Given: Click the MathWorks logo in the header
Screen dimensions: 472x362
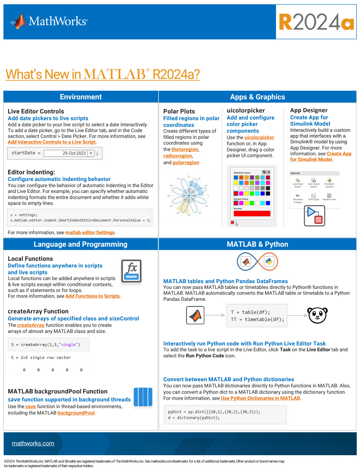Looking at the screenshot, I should (49, 21).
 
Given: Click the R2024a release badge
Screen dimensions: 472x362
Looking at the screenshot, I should (316, 22).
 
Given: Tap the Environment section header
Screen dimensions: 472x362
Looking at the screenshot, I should (81, 97).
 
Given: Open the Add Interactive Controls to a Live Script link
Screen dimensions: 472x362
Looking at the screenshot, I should (52, 142).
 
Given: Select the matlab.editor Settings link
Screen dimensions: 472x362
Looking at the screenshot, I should (90, 233).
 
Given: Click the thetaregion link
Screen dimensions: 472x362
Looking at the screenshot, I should (185, 149).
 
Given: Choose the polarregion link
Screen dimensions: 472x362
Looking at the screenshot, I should (186, 163).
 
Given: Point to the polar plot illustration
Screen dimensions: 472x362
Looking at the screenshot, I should (189, 195).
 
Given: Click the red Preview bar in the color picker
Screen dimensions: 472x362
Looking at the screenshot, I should (252, 213).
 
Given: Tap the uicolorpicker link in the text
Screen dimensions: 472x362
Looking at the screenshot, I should (259, 138).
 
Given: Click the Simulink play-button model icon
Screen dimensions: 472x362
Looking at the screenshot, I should (315, 216).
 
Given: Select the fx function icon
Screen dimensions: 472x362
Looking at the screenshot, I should (131, 271).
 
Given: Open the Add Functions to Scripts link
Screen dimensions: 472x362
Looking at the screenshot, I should (92, 296).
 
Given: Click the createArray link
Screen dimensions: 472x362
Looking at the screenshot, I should (31, 325).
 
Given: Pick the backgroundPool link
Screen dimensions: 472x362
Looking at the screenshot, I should (76, 413).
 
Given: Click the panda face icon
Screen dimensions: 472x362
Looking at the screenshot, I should (317, 315).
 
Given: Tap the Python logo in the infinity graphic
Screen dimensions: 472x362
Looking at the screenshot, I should (269, 261).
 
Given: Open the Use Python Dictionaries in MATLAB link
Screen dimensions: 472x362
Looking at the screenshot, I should (260, 398).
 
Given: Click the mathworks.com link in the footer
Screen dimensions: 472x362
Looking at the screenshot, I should (33, 444).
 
